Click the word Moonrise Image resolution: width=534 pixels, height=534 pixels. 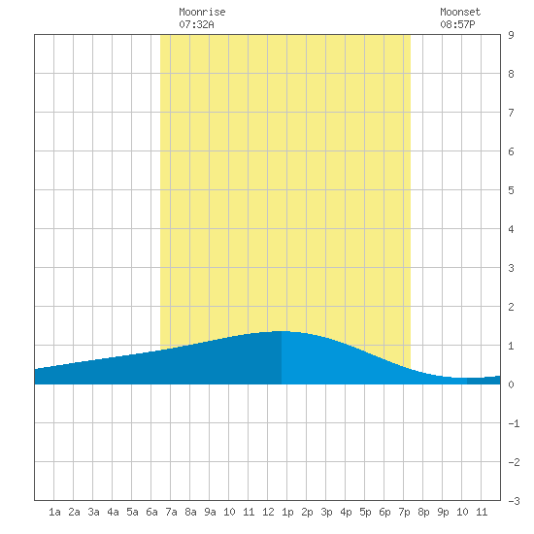click(202, 12)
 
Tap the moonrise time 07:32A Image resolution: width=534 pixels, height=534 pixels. click(196, 24)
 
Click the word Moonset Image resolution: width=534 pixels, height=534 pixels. click(460, 12)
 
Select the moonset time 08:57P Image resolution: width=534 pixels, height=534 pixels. click(457, 24)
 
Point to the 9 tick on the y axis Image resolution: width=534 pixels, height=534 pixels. click(511, 35)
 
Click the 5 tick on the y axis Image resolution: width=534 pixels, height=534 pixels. click(511, 190)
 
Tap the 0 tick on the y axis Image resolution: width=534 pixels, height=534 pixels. click(511, 384)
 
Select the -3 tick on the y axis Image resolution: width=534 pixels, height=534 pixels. click(514, 501)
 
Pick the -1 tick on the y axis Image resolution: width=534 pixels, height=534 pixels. click(514, 423)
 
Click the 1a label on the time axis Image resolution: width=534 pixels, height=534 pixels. click(54, 512)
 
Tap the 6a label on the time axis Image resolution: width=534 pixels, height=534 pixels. click(151, 512)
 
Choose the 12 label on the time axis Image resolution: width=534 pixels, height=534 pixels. click(268, 512)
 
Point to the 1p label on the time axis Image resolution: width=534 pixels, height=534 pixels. click(287, 512)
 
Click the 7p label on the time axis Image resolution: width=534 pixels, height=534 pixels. click(404, 512)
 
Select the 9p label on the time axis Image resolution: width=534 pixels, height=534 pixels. click(443, 512)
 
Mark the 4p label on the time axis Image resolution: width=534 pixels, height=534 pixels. click(346, 512)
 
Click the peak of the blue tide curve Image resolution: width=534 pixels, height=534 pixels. click(282, 331)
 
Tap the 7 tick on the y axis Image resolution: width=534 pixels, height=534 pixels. click(511, 113)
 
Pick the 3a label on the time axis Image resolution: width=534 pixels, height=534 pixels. click(93, 512)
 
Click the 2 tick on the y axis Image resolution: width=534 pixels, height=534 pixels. click(511, 307)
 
